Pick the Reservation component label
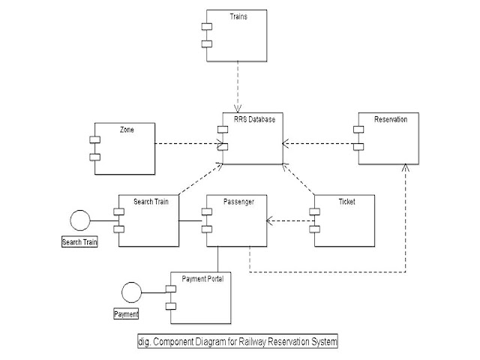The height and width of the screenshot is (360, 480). tap(391, 119)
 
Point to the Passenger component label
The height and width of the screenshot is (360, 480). tap(239, 202)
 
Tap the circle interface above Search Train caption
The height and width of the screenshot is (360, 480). tap(79, 220)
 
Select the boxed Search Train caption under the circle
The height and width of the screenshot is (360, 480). tap(79, 243)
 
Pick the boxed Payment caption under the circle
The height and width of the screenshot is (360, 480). tap(127, 313)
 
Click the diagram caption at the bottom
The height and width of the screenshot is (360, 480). tap(238, 341)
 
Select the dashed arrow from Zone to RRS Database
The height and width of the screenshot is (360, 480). tap(187, 143)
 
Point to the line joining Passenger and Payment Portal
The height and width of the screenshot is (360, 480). tap(217, 258)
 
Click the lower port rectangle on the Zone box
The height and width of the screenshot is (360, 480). tap(94, 157)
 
